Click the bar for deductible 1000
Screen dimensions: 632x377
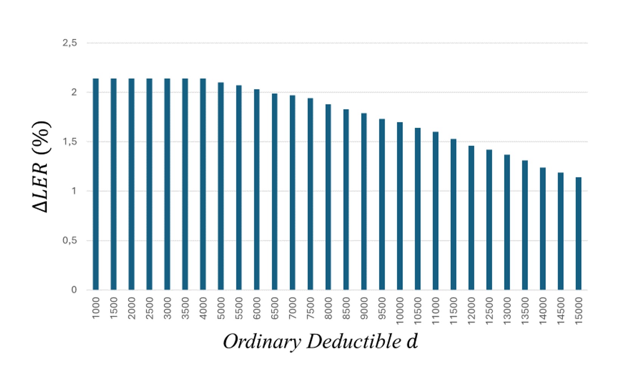pos(96,184)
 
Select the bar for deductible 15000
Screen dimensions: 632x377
pos(578,233)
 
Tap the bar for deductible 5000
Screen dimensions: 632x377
pos(221,186)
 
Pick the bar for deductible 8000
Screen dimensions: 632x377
pos(328,197)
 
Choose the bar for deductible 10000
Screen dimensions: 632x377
pos(400,206)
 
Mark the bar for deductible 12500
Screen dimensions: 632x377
pos(489,220)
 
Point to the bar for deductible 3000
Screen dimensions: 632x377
pos(167,184)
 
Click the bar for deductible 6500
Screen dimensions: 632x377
pos(275,192)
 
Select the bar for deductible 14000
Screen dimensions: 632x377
pos(543,229)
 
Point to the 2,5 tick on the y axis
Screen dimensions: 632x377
pos(70,43)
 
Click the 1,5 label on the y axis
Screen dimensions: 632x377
pos(70,142)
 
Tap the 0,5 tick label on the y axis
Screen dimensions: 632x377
pos(70,241)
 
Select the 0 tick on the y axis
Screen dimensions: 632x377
pos(74,290)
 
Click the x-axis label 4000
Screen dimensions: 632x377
pos(203,308)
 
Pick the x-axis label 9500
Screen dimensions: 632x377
pos(382,308)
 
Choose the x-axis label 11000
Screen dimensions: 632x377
pos(435,311)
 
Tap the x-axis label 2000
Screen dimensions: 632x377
pos(132,308)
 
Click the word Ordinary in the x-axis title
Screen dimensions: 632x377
pos(262,342)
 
